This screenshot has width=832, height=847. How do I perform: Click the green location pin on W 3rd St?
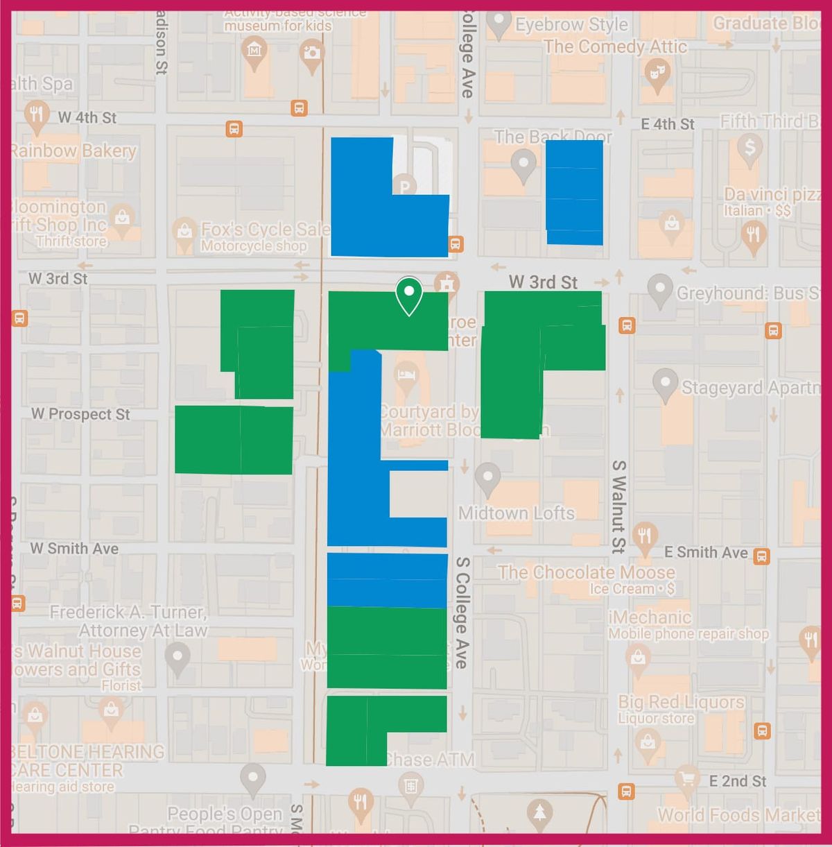coord(409,295)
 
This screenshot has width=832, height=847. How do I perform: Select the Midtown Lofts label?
coord(517,513)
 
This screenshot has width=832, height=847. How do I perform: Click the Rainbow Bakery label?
coord(73,151)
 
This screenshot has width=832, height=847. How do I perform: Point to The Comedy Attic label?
coord(615,46)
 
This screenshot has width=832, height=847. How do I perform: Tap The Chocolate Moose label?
coord(587,572)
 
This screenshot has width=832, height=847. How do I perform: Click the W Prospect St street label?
coord(80,414)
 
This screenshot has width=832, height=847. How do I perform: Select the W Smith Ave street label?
coord(74,549)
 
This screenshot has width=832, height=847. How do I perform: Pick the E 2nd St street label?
coord(737,781)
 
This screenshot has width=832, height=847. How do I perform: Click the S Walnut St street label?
coord(618,506)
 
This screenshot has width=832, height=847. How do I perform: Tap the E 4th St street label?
coord(667,124)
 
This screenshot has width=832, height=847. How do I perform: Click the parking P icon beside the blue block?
coord(404,185)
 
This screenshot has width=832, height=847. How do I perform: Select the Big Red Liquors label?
coord(681,702)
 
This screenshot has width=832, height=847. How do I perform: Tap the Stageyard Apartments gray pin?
coord(666,384)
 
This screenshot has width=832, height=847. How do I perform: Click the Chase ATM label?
coord(430,760)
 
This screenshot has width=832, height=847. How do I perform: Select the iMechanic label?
coord(650,617)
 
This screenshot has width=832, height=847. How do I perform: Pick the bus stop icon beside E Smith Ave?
coord(761,556)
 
